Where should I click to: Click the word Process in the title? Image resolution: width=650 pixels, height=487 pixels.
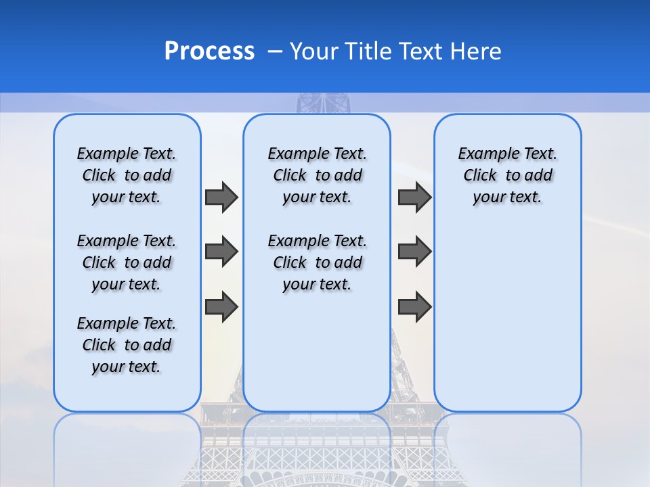click(209, 51)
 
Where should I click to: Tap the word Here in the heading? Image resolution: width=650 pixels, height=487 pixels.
click(475, 51)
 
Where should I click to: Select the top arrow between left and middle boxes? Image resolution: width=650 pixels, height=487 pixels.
click(221, 197)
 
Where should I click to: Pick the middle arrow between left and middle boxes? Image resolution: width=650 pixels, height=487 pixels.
click(221, 252)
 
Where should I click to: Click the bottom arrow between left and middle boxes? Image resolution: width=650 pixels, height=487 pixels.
click(221, 306)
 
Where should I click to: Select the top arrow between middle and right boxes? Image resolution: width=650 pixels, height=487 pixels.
click(414, 197)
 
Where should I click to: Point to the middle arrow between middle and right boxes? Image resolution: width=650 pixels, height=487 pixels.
click(414, 252)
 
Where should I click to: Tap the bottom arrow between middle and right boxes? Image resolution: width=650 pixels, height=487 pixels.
click(414, 306)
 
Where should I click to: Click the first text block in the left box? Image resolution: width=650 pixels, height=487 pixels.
click(127, 175)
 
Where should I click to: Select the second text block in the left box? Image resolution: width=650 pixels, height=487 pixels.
click(127, 262)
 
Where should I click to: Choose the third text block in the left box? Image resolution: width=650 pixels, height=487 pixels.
click(127, 345)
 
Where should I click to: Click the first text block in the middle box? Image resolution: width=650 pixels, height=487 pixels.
click(318, 175)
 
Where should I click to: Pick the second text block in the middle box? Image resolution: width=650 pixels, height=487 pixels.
click(318, 262)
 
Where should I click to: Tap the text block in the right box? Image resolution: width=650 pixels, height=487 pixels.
click(508, 175)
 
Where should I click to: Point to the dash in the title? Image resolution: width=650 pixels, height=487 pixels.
click(275, 51)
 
